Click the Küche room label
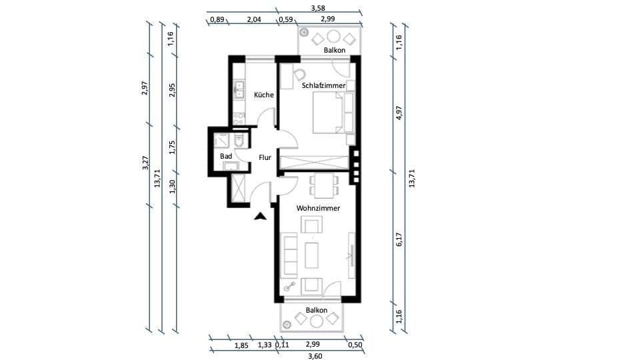[264, 95]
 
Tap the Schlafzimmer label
[323, 86]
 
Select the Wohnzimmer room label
[318, 208]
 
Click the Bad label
[226, 157]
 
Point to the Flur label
[265, 158]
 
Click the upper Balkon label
[335, 50]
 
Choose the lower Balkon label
[316, 311]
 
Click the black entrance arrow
[261, 215]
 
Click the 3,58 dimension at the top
[318, 8]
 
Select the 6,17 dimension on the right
[399, 240]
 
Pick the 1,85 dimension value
[241, 345]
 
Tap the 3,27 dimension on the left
[145, 164]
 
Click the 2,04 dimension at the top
[253, 19]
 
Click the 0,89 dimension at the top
[217, 19]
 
